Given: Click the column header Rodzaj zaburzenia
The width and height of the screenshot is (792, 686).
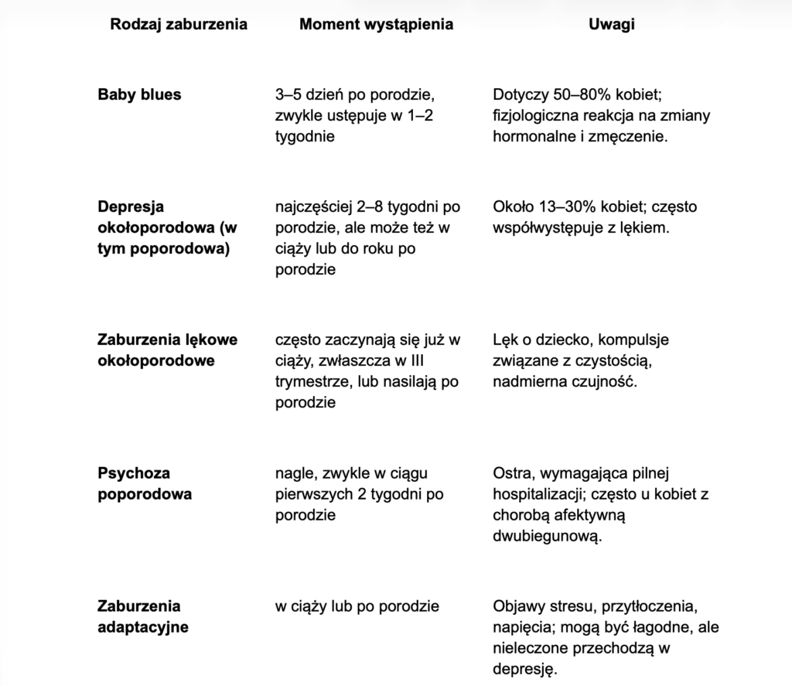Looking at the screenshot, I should tap(179, 24).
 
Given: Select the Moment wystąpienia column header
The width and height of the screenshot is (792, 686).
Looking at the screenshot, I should tap(376, 24).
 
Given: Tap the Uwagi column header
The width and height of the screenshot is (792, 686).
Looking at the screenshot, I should tap(612, 24).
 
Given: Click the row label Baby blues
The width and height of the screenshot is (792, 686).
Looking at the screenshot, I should tap(139, 94).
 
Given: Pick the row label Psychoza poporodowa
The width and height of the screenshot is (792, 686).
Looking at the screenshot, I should tap(145, 483).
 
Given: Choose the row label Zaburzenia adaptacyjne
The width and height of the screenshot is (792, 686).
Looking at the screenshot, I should tap(143, 616).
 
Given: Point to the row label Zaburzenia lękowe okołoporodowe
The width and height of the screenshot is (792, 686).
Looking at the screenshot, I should tap(167, 350).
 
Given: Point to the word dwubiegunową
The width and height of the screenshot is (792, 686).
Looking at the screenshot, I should tap(546, 536).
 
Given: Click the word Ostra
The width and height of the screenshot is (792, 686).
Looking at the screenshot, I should tap(511, 473).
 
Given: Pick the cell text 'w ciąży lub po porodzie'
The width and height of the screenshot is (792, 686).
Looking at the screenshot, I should tap(357, 606).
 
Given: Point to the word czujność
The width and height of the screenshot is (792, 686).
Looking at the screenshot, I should tap(606, 381).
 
